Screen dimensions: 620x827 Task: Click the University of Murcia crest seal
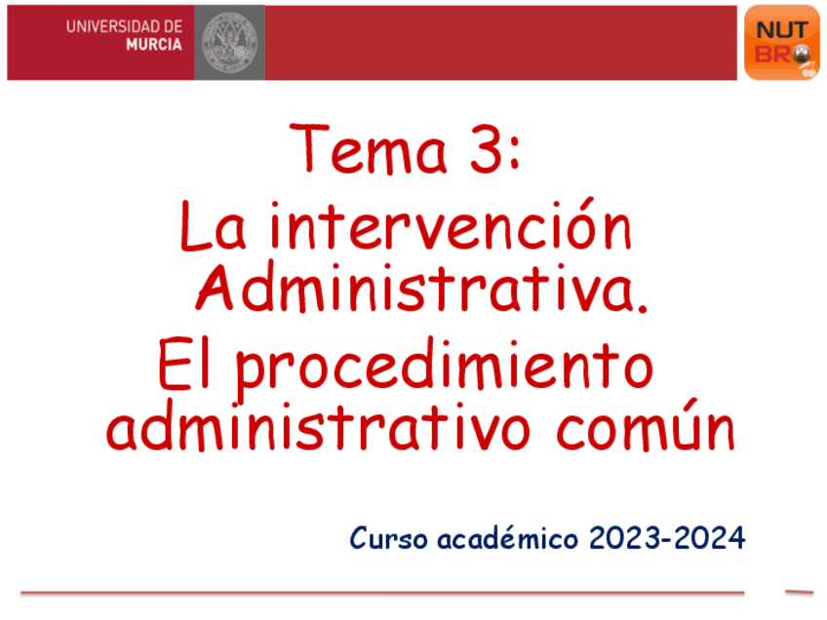click(x=229, y=42)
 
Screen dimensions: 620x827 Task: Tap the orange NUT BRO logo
click(x=781, y=42)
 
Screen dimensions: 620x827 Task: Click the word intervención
click(x=451, y=228)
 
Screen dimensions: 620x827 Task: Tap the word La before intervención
click(x=217, y=229)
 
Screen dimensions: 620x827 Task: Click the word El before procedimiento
click(x=188, y=368)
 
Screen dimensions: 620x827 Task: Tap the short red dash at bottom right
click(x=799, y=591)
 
